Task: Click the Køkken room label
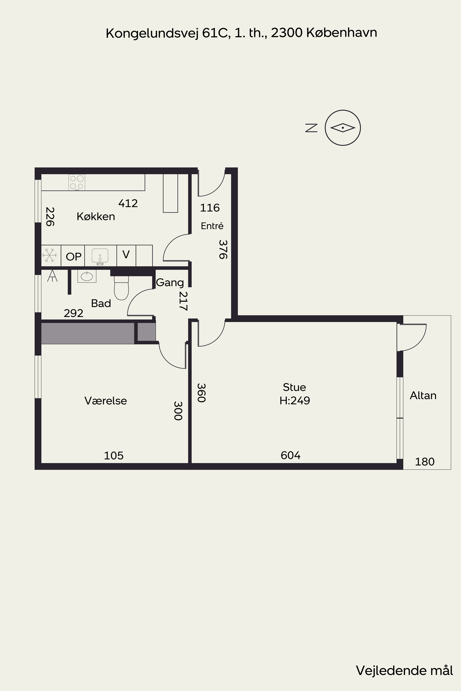[96, 217]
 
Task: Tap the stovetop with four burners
[77, 182]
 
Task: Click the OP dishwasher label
[74, 257]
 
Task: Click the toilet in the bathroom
[121, 288]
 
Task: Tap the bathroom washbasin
[87, 276]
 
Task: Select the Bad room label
[101, 303]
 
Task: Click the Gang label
[170, 283]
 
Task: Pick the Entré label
[212, 226]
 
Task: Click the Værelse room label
[106, 401]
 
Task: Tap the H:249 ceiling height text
[295, 401]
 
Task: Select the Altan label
[423, 396]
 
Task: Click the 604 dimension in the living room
[290, 455]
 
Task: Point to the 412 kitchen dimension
[128, 203]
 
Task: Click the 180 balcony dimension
[425, 462]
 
